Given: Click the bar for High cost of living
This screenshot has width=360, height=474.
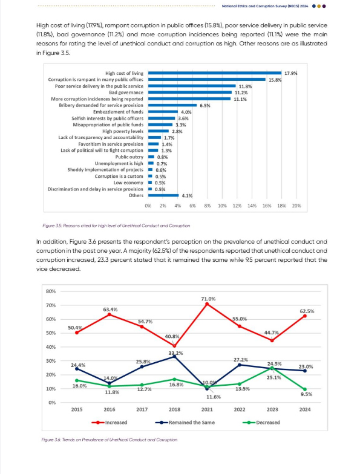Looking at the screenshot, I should pyautogui.click(x=215, y=73).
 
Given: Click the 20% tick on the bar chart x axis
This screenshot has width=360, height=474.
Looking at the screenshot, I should pyautogui.click(x=296, y=206).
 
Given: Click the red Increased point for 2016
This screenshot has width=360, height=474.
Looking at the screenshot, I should pyautogui.click(x=110, y=314).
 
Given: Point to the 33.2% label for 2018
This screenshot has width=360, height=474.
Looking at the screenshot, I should pyautogui.click(x=175, y=352).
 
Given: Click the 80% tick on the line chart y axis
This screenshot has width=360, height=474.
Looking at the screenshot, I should pyautogui.click(x=51, y=291).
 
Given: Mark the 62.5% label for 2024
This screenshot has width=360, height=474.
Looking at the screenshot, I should pyautogui.click(x=307, y=311).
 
